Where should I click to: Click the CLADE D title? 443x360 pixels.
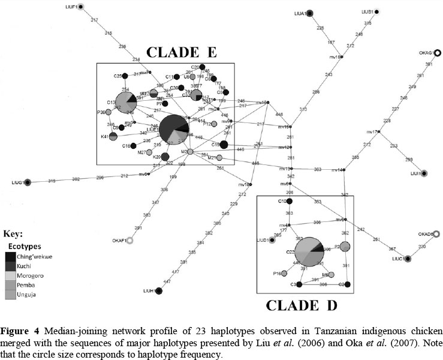click(302, 306)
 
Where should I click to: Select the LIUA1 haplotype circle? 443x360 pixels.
click(310, 13)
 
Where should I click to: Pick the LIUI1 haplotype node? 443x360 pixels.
click(424, 173)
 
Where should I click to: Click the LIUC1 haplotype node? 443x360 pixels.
click(407, 259)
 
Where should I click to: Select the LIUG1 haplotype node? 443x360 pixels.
click(27, 182)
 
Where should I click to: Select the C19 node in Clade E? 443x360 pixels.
click(224, 144)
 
